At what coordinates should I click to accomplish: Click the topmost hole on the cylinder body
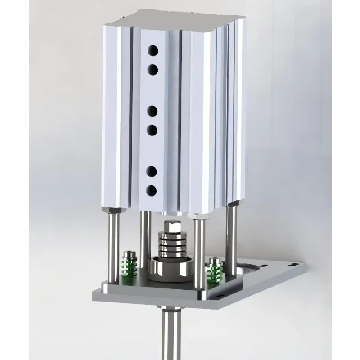tap(153, 49)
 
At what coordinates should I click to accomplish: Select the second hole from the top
tap(153, 69)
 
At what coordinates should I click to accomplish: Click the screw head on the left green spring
tap(129, 253)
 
